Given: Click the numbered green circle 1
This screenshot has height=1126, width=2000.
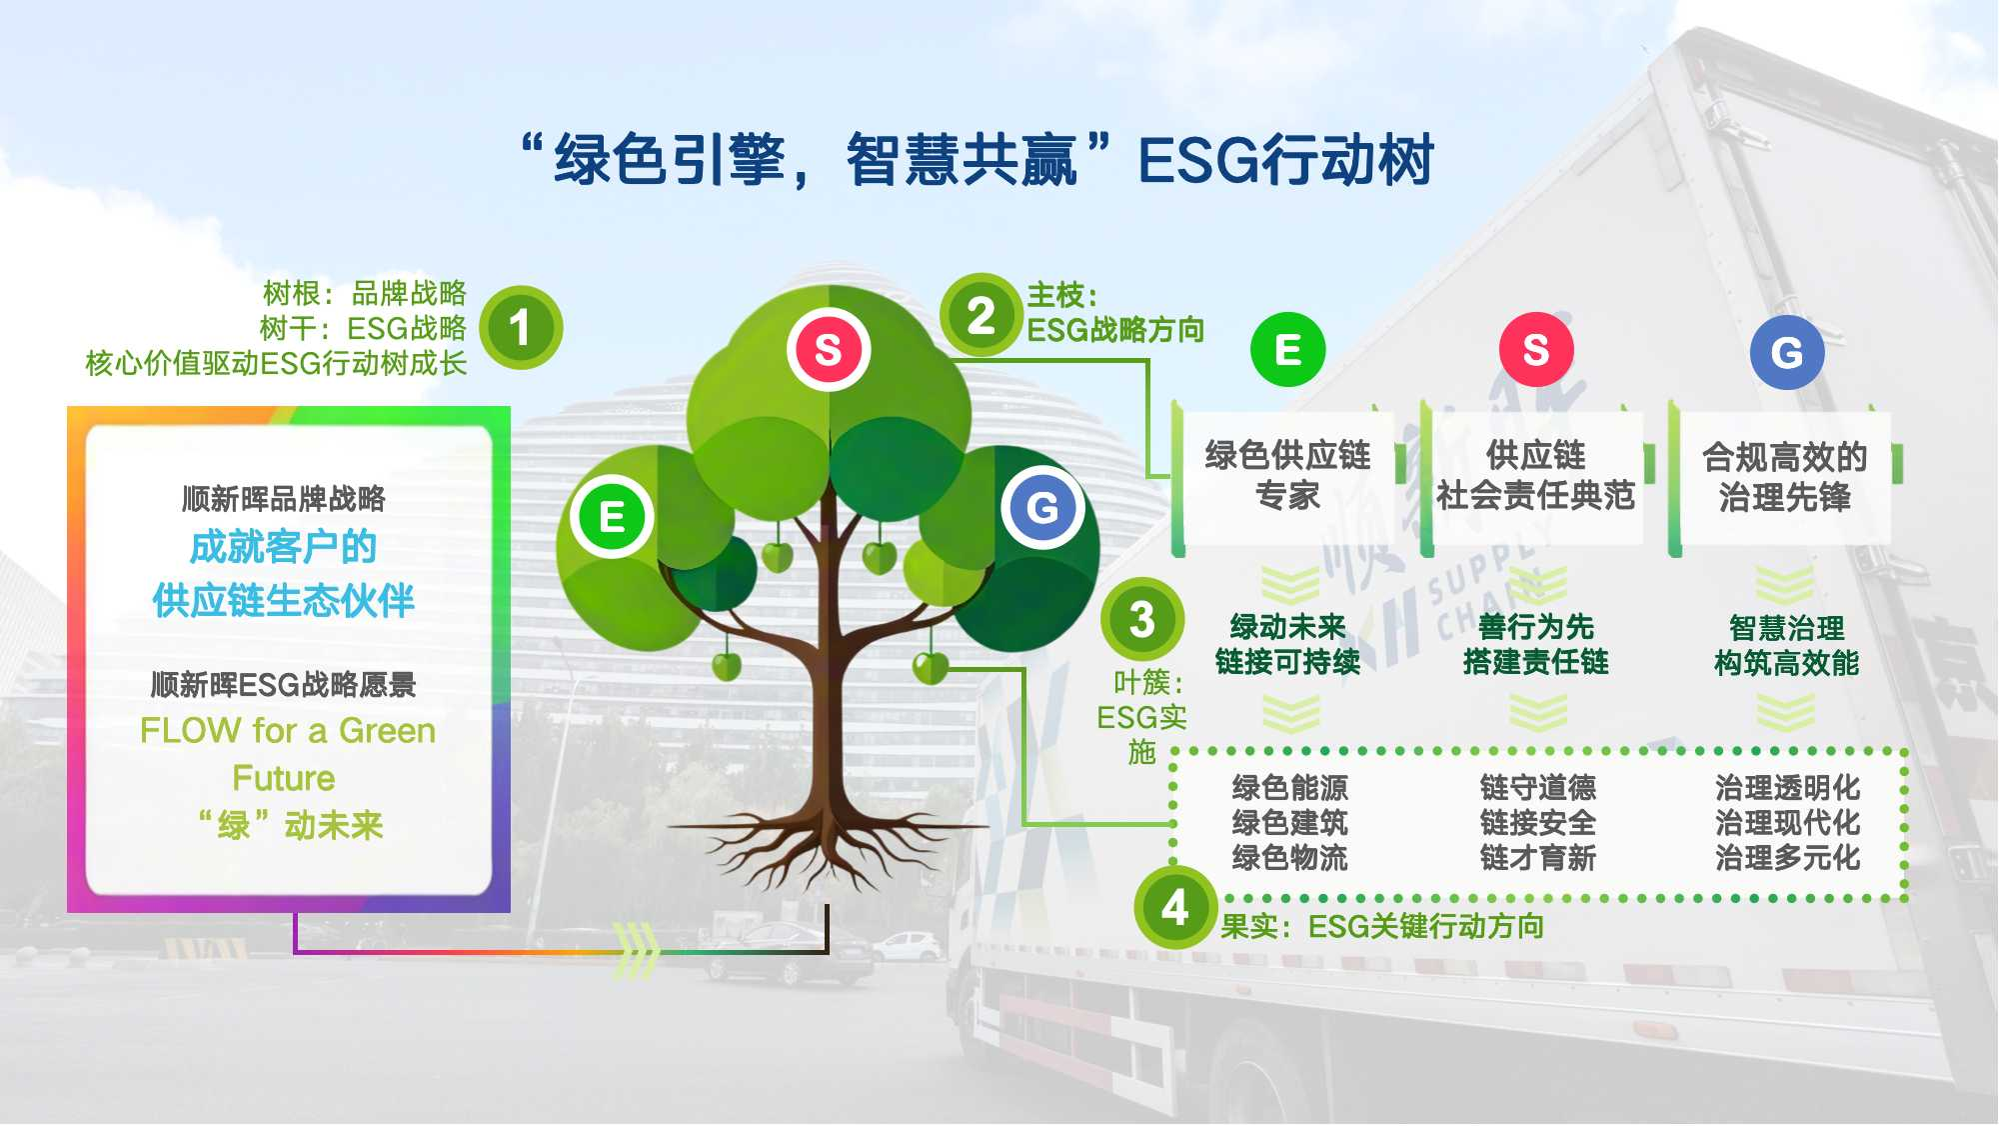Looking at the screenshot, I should click(x=520, y=328).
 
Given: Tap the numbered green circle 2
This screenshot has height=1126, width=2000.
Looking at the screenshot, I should click(x=981, y=316).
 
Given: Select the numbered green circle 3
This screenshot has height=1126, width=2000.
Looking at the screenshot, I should click(x=1141, y=619).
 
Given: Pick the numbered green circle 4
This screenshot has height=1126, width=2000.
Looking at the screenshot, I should click(x=1174, y=907).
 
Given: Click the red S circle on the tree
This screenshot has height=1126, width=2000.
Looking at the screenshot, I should click(x=828, y=350).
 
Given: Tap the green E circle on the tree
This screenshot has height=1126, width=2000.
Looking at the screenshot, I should click(x=612, y=517).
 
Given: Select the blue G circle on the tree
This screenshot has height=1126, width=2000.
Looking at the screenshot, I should click(x=1042, y=507).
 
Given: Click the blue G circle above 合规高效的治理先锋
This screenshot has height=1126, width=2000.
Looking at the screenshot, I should click(x=1786, y=352).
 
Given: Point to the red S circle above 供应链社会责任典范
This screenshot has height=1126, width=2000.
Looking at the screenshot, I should click(x=1536, y=349).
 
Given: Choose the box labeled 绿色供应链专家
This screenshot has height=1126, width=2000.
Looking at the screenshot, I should click(x=1287, y=476).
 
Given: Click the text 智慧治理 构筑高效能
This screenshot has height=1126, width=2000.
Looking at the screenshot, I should click(x=1786, y=646).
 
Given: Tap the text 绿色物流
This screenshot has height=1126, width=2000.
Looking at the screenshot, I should click(x=1289, y=858).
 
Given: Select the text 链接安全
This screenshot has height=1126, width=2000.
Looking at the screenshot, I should click(x=1537, y=823).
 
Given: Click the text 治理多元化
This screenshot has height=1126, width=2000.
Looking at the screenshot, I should click(x=1787, y=858).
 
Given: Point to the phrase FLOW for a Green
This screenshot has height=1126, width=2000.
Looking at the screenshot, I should click(x=288, y=731).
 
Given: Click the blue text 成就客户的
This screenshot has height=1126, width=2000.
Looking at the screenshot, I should click(x=283, y=548).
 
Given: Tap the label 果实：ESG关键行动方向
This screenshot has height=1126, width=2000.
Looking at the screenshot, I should click(x=1381, y=927).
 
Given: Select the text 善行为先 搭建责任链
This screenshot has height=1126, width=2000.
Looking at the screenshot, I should click(x=1535, y=645).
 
